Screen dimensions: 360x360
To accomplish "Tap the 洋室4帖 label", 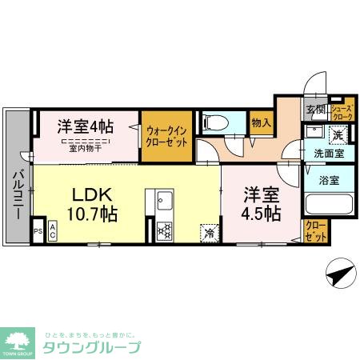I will (84, 126).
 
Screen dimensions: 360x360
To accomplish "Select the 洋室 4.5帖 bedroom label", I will (262, 203).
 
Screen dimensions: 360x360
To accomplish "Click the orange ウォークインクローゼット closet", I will (167, 137).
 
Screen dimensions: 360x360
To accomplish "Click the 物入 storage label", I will (261, 122).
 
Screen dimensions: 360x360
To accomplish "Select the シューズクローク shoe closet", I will (342, 111).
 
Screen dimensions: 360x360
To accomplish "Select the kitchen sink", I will (165, 199).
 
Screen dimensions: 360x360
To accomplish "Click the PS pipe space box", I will (37, 232).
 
